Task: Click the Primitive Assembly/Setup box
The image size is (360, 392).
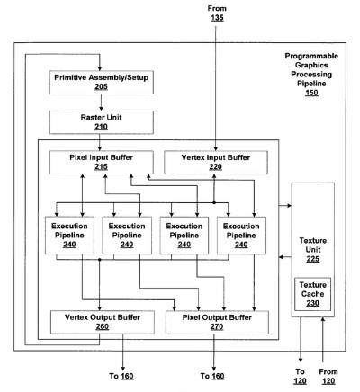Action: tap(102, 82)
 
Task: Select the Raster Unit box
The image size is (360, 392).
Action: tap(102, 122)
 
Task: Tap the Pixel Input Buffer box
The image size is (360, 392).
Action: tap(102, 162)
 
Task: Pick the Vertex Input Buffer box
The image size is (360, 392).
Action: tap(216, 162)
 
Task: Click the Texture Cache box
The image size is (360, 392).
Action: tap(312, 294)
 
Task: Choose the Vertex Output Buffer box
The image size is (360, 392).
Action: tap(103, 322)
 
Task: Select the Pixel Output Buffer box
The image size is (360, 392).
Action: tap(217, 322)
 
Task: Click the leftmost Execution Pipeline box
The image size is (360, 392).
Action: tap(69, 236)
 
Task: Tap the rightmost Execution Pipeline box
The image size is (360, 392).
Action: tap(241, 236)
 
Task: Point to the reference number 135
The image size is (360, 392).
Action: tap(217, 18)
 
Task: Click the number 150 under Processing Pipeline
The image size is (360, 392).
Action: tap(311, 93)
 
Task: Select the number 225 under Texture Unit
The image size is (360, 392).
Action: tap(313, 259)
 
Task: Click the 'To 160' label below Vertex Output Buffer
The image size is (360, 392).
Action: tap(121, 376)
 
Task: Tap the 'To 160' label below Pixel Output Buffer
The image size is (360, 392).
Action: tap(212, 376)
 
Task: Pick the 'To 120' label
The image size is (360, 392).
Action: tap(300, 377)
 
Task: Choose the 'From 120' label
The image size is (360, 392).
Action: tap(328, 377)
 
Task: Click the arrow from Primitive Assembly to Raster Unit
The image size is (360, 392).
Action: tap(101, 102)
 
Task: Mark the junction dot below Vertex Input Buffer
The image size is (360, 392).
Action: tap(214, 203)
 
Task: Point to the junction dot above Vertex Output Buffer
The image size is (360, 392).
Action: tap(100, 260)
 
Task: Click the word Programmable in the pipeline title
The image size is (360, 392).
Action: tap(311, 56)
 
